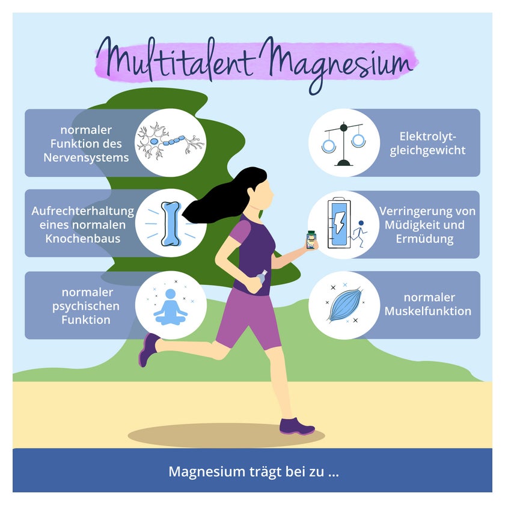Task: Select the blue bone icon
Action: point(171,224)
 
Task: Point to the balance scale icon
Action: point(344,144)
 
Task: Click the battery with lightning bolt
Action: point(339,223)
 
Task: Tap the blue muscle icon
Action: point(344,305)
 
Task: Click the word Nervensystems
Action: point(86,158)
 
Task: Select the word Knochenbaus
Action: point(83,239)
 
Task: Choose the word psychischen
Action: point(86,306)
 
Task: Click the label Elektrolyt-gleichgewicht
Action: point(427,143)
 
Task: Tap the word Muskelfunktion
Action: point(427,311)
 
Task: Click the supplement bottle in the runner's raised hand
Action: point(311,240)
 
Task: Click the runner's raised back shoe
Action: point(148,349)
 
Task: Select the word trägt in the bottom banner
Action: point(265,472)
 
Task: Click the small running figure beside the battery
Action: point(360,233)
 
